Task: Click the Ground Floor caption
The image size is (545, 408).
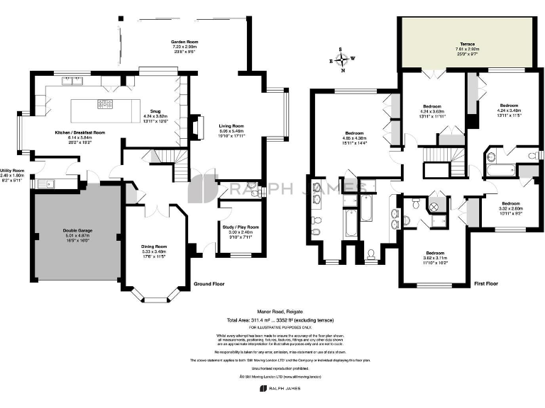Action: pos(209,284)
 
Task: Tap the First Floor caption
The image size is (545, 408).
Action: pos(486,284)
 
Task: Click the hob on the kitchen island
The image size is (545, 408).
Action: pos(105,105)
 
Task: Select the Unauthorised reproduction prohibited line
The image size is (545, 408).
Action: pos(272,368)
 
